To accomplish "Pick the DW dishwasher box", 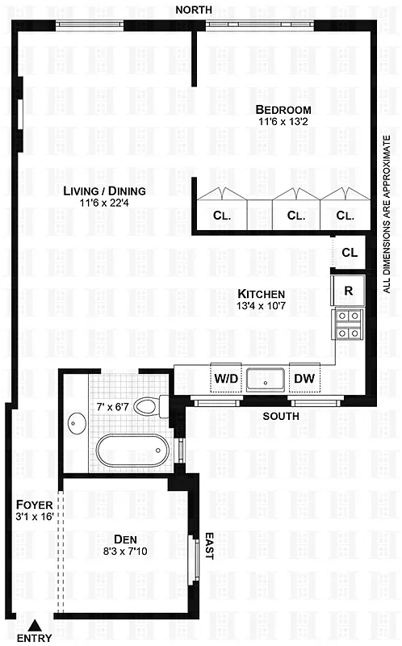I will [304, 378].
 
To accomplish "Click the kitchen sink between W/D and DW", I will [265, 378].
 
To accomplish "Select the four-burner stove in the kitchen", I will [349, 325].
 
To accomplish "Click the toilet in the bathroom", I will [147, 405].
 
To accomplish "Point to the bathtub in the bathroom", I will [129, 449].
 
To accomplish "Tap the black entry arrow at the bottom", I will [35, 624].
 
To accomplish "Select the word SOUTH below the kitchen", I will [281, 416].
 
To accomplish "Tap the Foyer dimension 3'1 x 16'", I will [33, 516].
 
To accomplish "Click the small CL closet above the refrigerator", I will [349, 253].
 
